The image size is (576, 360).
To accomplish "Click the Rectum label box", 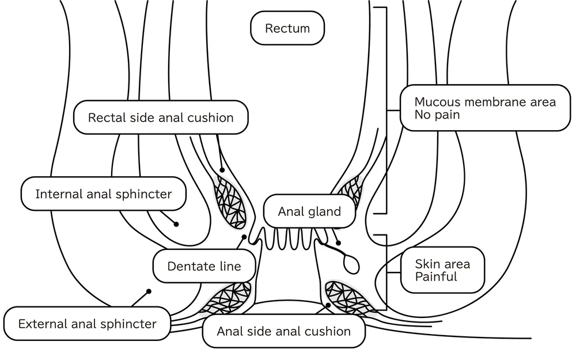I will pyautogui.click(x=287, y=28).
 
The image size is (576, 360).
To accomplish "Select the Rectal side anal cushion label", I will pyautogui.click(x=161, y=118).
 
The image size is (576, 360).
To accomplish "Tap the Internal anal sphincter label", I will pyautogui.click(x=104, y=194).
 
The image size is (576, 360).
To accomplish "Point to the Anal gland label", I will pyautogui.click(x=309, y=211).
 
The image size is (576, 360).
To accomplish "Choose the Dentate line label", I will pyautogui.click(x=204, y=267).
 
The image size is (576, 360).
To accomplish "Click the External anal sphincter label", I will pyautogui.click(x=87, y=324).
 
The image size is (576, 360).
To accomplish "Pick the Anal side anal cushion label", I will pyautogui.click(x=283, y=331).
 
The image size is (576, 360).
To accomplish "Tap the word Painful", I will pyautogui.click(x=436, y=277).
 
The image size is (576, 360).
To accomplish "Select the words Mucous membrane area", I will pyautogui.click(x=485, y=102).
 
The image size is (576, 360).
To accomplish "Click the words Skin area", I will pyautogui.click(x=442, y=264).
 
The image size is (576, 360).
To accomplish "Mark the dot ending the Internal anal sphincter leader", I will pyautogui.click(x=176, y=224).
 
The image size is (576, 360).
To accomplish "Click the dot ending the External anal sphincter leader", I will pyautogui.click(x=149, y=291).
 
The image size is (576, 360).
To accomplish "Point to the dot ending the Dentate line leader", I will pyautogui.click(x=244, y=237).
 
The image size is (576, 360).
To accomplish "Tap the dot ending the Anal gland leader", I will pyautogui.click(x=338, y=243).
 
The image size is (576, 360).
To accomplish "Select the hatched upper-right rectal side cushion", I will pyautogui.click(x=350, y=190).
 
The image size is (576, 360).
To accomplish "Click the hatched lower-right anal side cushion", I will pyautogui.click(x=348, y=297).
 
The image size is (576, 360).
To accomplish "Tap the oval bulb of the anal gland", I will pyautogui.click(x=351, y=265).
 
